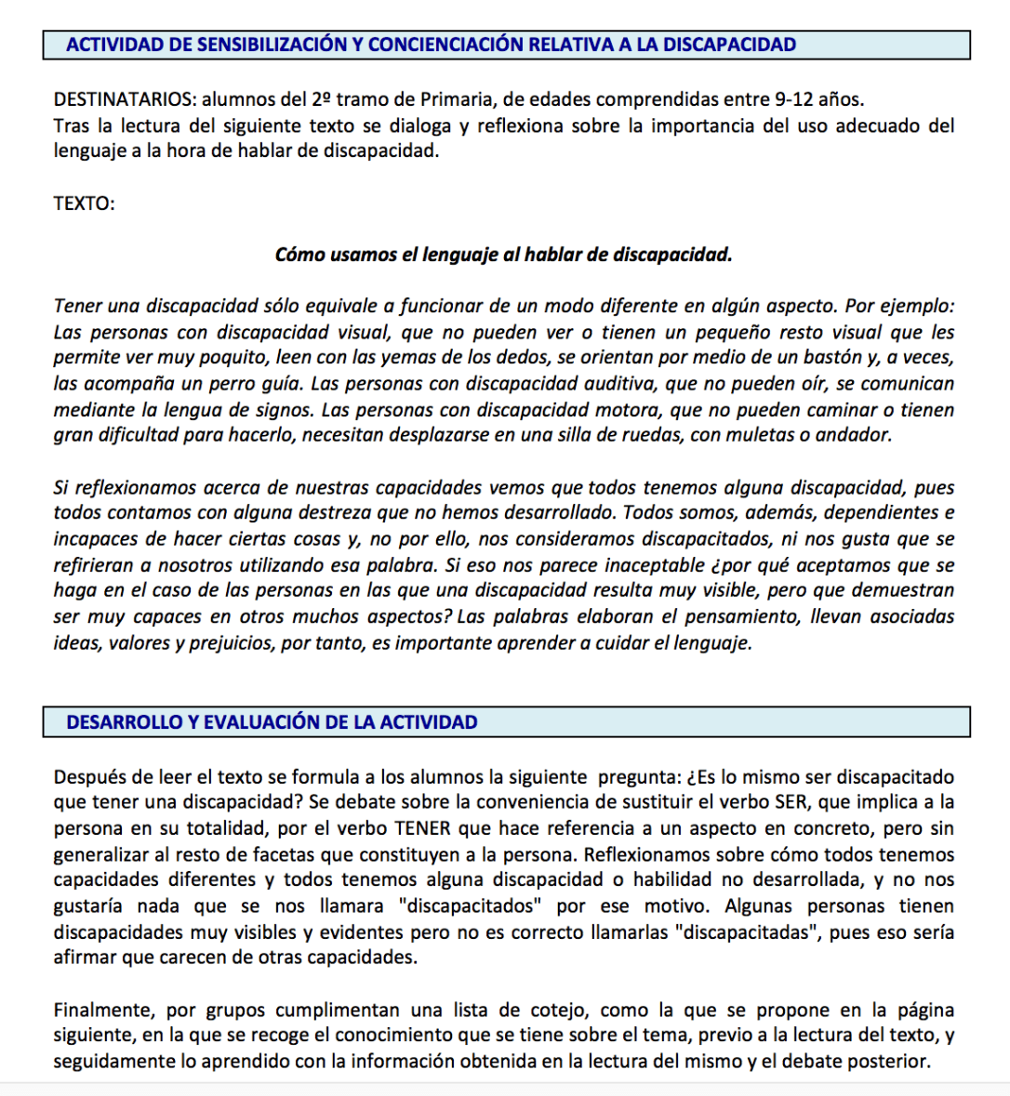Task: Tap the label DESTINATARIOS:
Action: (125, 99)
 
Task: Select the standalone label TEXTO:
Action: (84, 204)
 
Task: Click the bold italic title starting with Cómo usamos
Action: (503, 255)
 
